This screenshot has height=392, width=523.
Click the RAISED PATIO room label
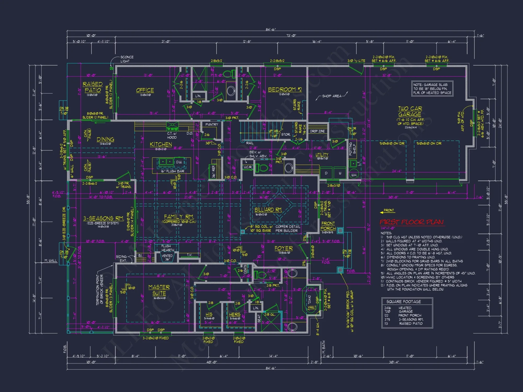pyautogui.click(x=93, y=87)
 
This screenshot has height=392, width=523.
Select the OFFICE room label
pyautogui.click(x=145, y=90)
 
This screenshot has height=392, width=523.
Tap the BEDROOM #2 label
pyautogui.click(x=285, y=90)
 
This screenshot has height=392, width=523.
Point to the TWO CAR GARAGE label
pyautogui.click(x=410, y=111)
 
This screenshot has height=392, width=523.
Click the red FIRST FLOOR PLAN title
pyautogui.click(x=412, y=222)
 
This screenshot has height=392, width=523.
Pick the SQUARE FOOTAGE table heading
pyautogui.click(x=403, y=302)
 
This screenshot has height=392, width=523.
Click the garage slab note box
pyautogui.click(x=432, y=89)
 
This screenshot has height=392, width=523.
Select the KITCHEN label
pyautogui.click(x=161, y=144)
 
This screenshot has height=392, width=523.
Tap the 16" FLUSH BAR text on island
pyautogui.click(x=172, y=171)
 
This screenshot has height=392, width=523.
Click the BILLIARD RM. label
pyautogui.click(x=268, y=210)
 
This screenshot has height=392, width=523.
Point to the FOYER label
pyautogui.click(x=283, y=248)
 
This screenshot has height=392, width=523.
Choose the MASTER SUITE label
pyautogui.click(x=159, y=290)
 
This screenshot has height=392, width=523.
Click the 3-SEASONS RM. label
pyautogui.click(x=104, y=218)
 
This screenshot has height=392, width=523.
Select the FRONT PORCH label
pyautogui.click(x=328, y=226)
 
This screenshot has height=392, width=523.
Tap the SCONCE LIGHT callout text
pyautogui.click(x=127, y=59)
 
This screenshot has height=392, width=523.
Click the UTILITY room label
pyautogui.click(x=322, y=155)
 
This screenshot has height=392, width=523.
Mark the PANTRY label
pyautogui.click(x=212, y=125)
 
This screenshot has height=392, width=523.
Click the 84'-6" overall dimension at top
pyautogui.click(x=271, y=30)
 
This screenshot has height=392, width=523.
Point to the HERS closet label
pyautogui.click(x=234, y=314)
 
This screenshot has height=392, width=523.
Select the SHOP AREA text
pyautogui.click(x=332, y=96)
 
